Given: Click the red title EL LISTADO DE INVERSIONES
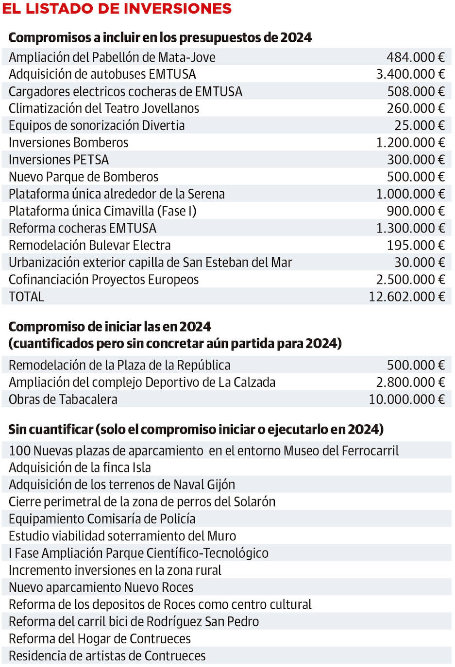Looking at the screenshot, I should coord(117,9).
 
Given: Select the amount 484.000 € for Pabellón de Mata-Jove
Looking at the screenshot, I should coord(415,57).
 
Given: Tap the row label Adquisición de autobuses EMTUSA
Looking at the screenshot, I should coord(102,74).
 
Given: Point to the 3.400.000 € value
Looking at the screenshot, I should coord(410,74).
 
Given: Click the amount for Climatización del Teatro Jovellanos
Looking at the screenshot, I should coord(415,108).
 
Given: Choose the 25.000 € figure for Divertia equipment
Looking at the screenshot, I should coord(419,125).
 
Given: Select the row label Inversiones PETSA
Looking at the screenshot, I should coord(59,160).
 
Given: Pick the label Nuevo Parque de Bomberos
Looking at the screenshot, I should coord(84,177).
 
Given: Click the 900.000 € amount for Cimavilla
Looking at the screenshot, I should coord(415,211).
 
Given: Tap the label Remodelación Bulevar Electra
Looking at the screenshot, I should coord(90,245).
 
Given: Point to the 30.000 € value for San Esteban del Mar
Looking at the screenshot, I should coord(419,262).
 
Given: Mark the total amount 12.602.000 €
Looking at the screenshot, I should coord(406,297).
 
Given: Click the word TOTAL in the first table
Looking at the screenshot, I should coord(26,297).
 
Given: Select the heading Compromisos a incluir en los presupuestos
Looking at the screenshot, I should coord(160,37).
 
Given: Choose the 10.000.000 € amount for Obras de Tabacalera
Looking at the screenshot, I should coord(406,400).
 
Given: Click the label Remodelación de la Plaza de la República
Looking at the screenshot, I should coord(119,365).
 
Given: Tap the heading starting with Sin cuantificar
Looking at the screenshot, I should coord(196,430).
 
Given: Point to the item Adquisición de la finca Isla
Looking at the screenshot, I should coord(80,467).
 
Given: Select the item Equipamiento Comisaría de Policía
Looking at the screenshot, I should coord(102,519).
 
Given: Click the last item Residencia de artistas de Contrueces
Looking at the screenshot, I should coord(107,656).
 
